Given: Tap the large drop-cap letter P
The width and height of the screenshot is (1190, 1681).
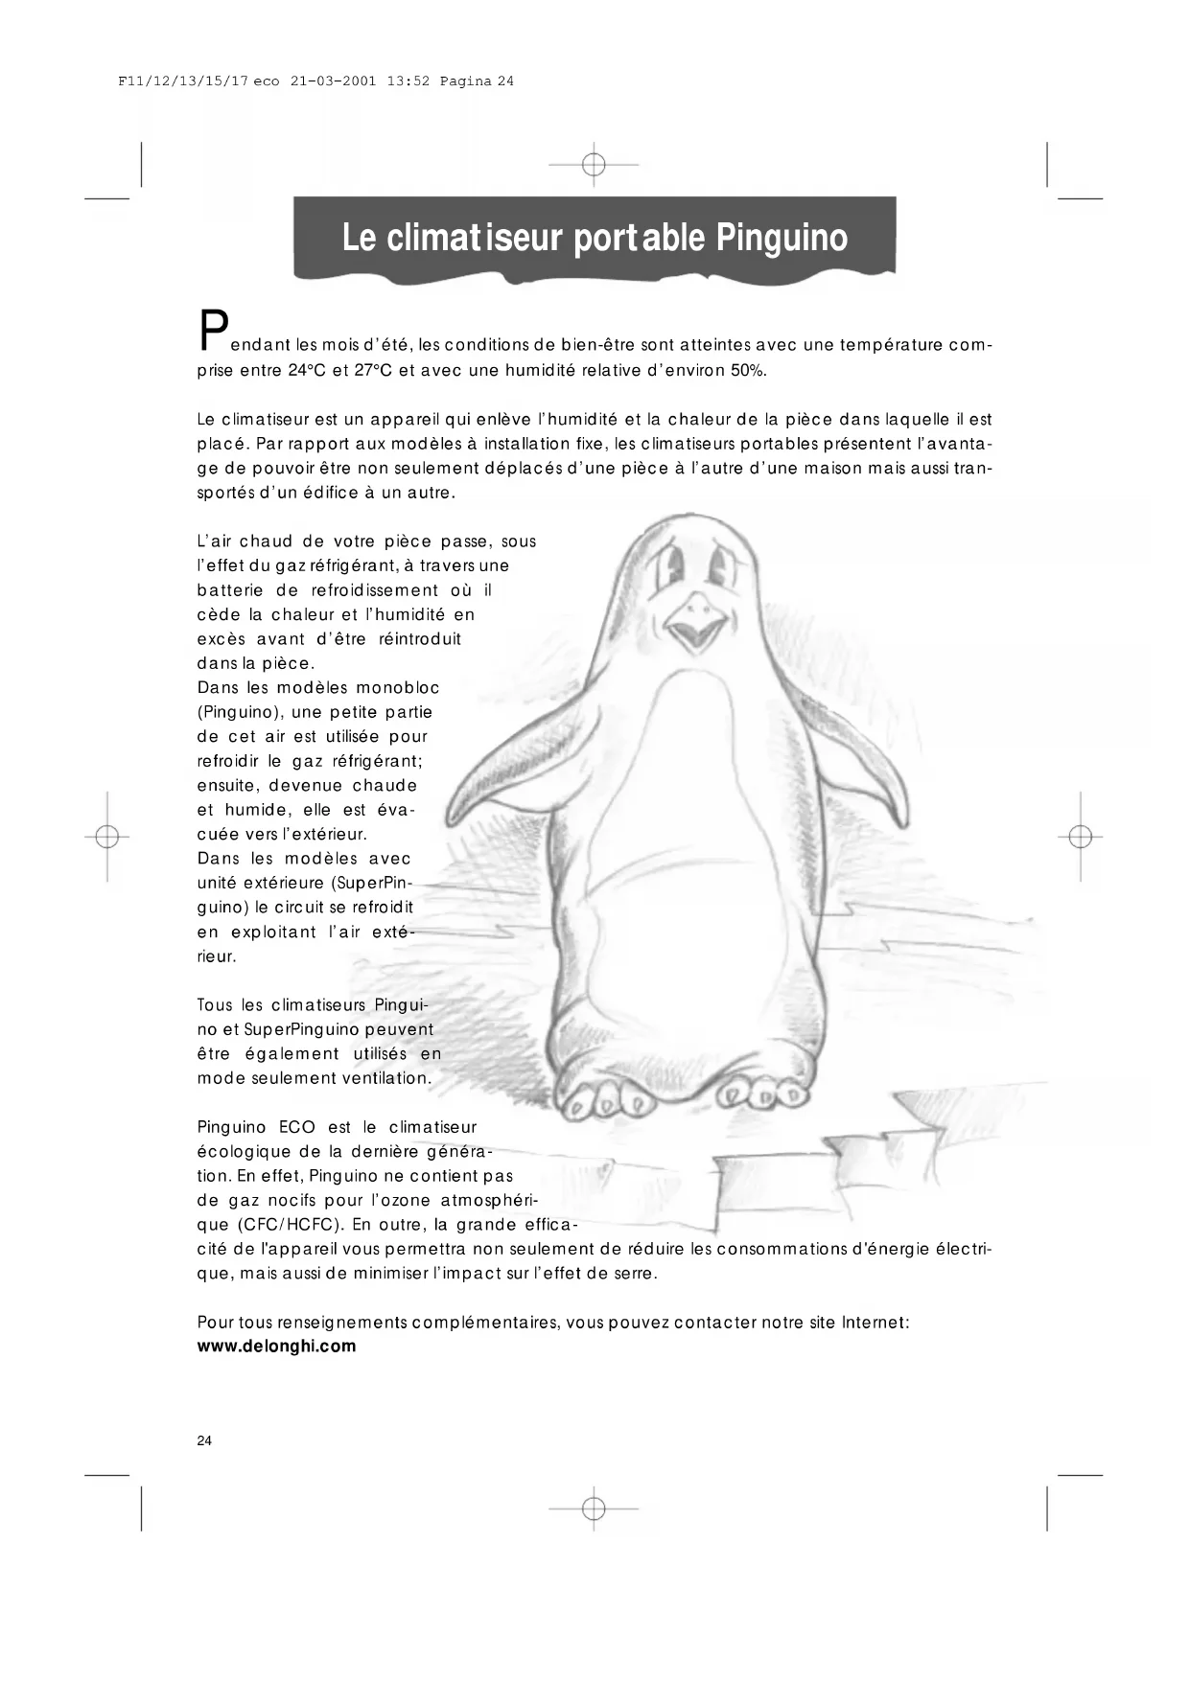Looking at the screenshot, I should tap(213, 332).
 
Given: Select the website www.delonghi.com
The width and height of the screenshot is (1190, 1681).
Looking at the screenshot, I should tap(276, 1346).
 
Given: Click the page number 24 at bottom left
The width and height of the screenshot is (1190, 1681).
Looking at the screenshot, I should tap(204, 1440).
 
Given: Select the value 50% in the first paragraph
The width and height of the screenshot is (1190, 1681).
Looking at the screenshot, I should tap(748, 371).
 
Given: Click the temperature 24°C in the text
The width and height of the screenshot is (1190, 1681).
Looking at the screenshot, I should tap(307, 371).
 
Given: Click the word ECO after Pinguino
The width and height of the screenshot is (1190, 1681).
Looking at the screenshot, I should tap(297, 1127).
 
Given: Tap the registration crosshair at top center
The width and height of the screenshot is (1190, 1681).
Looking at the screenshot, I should tap(594, 165).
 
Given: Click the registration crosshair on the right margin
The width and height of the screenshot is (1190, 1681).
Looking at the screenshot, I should tap(1081, 837).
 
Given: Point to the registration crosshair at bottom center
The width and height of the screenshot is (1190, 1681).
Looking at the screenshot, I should tap(594, 1509).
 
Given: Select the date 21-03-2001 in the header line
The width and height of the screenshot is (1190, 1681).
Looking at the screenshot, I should tap(333, 81).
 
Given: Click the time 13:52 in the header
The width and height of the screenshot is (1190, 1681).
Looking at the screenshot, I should tap(408, 81).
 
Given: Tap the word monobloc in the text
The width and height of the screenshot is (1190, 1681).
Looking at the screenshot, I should tap(398, 687).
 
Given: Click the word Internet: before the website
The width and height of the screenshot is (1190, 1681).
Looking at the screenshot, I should tap(875, 1322).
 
